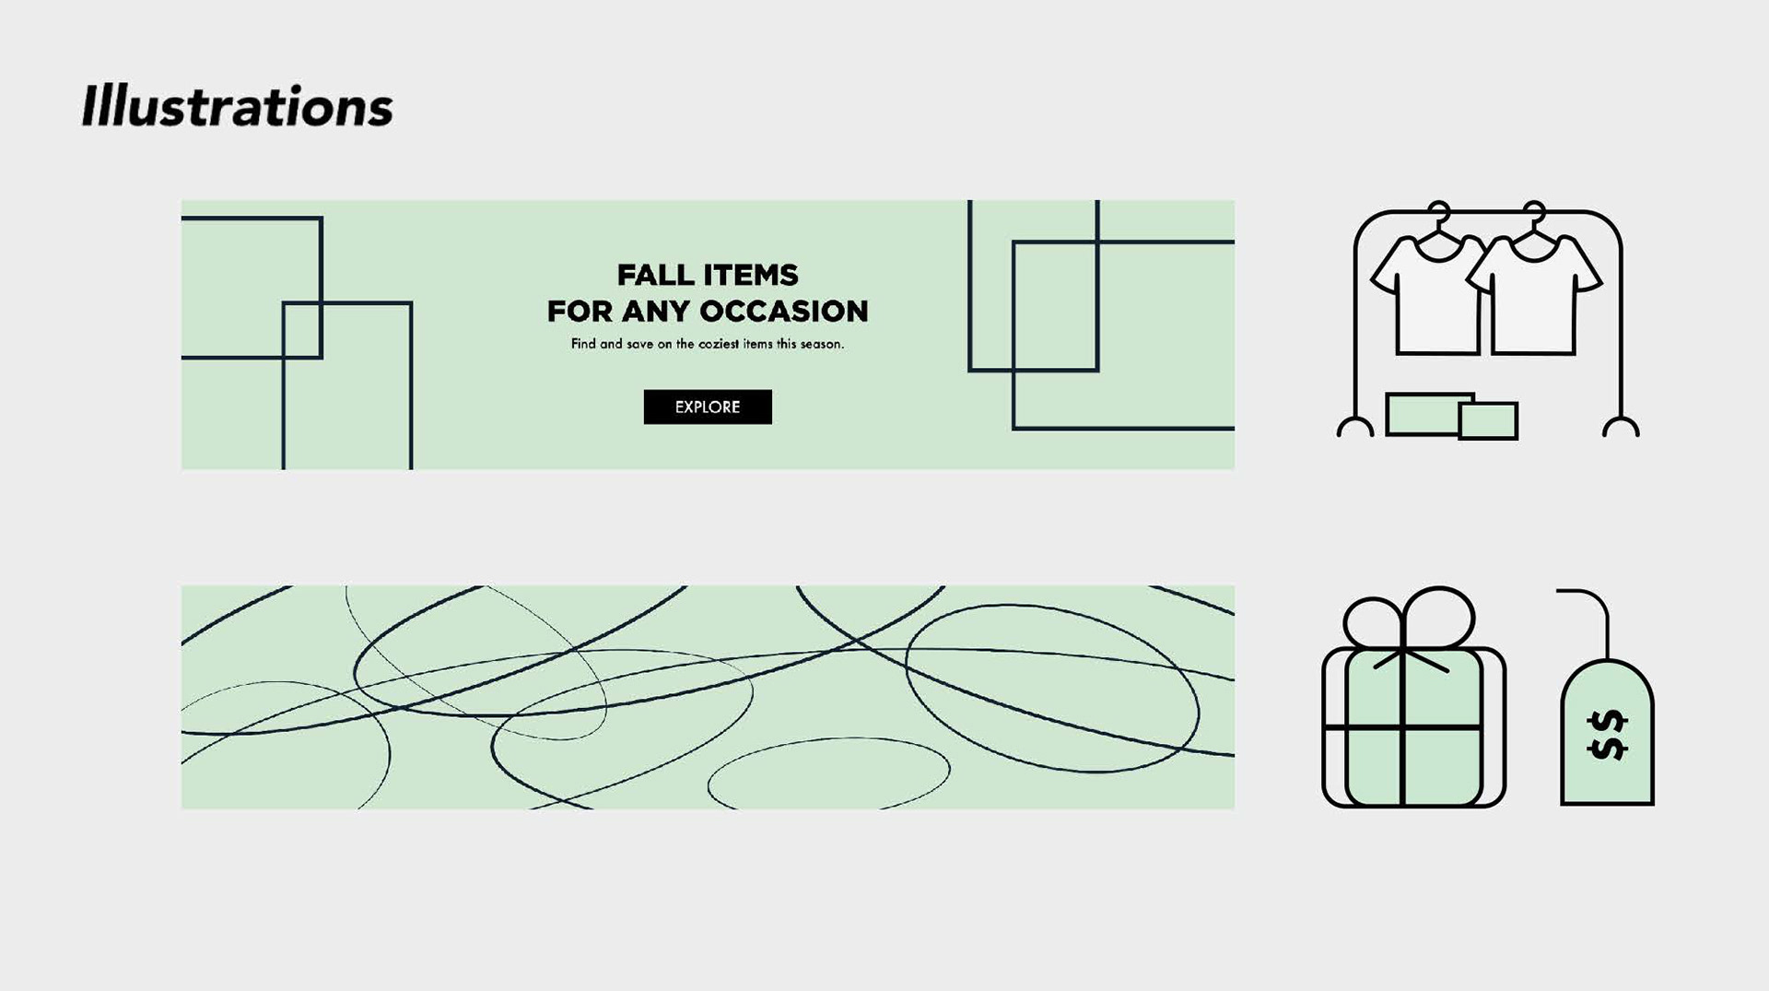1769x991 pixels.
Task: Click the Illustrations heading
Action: click(x=237, y=106)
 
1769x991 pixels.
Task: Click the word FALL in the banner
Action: click(x=656, y=275)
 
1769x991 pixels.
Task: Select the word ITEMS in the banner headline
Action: click(x=752, y=275)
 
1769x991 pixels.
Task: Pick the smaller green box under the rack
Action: click(x=1488, y=421)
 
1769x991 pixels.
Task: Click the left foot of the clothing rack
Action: click(x=1354, y=427)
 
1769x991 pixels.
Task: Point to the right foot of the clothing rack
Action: click(x=1621, y=427)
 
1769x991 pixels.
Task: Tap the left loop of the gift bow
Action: click(x=1373, y=622)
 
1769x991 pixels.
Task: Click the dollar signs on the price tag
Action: click(x=1608, y=735)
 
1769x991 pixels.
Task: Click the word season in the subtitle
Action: click(x=821, y=344)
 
